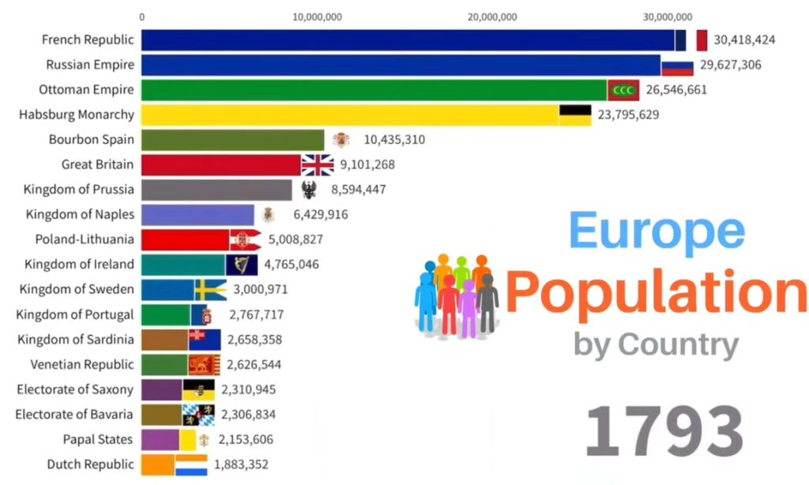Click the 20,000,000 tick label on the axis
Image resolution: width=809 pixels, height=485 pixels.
[492, 17]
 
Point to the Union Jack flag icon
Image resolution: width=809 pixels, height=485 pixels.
[318, 165]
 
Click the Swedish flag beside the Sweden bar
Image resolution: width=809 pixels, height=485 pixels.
[210, 290]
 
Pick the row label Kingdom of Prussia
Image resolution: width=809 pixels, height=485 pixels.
[79, 190]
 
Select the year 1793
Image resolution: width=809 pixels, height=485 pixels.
[664, 431]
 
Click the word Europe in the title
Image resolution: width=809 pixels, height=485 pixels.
[656, 231]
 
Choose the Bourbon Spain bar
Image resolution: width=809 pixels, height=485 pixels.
[232, 140]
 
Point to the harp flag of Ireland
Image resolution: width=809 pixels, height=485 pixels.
[242, 265]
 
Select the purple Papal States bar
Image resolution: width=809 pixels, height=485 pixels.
[160, 440]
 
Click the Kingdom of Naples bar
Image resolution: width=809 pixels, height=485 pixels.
[198, 215]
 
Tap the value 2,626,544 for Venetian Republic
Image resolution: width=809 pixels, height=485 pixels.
[254, 365]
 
